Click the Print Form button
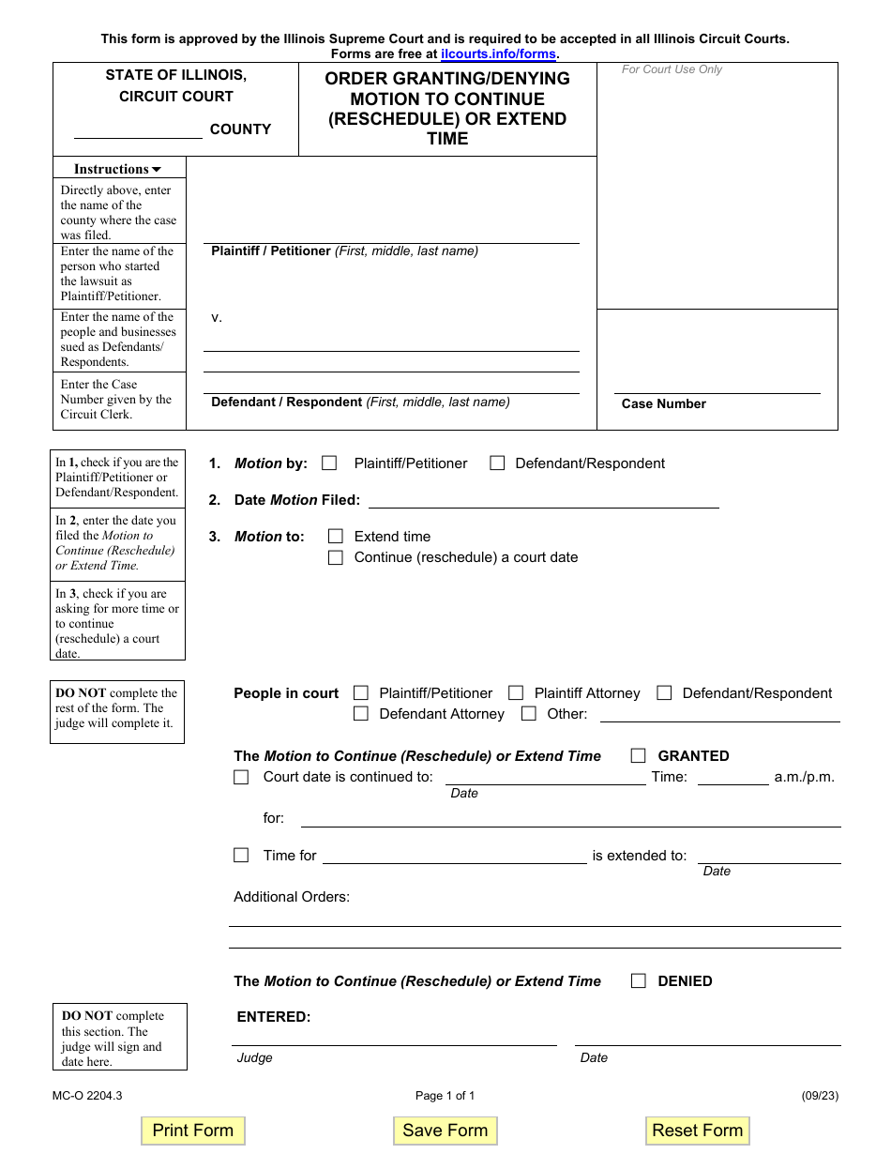click(192, 1131)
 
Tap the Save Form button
click(445, 1131)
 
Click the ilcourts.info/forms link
click(498, 54)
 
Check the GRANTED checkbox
click(639, 755)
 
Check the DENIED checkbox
click(639, 980)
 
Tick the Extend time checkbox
click(336, 537)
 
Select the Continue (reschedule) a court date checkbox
click(336, 557)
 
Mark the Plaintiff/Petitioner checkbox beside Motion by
click(329, 463)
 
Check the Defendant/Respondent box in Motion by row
click(498, 463)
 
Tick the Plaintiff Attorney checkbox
click(516, 692)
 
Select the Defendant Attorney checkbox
click(361, 713)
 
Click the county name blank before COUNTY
click(138, 130)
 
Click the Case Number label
click(664, 403)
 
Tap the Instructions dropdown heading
click(117, 169)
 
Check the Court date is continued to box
click(241, 777)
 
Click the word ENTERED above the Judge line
click(274, 1017)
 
